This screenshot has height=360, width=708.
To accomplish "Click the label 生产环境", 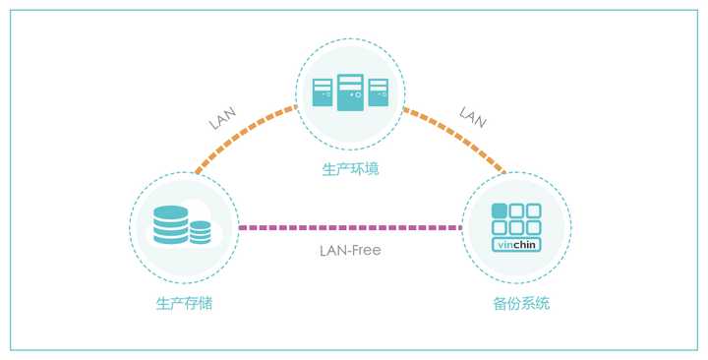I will pyautogui.click(x=350, y=169).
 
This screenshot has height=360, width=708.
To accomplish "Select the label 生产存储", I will pyautogui.click(x=184, y=303).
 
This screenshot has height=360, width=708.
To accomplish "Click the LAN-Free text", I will pyautogui.click(x=350, y=250).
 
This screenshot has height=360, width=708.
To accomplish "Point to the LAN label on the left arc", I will pyautogui.click(x=223, y=119).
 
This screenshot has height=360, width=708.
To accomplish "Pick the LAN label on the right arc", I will pyautogui.click(x=473, y=119).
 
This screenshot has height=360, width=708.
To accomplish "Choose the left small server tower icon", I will pyautogui.click(x=323, y=91).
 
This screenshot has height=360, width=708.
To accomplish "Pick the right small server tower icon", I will pyautogui.click(x=379, y=91).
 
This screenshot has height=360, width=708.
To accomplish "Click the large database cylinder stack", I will pyautogui.click(x=170, y=225).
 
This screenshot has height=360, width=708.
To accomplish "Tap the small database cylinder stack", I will pyautogui.click(x=201, y=232).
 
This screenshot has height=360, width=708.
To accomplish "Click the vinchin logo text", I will pyautogui.click(x=516, y=244).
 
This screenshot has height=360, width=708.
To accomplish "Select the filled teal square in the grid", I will pyautogui.click(x=500, y=210).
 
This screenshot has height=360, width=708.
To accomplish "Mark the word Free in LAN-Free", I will pyautogui.click(x=365, y=250).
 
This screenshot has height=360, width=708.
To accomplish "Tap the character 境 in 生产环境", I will pyautogui.click(x=372, y=169).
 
